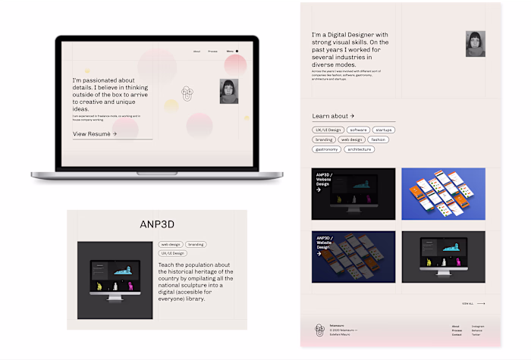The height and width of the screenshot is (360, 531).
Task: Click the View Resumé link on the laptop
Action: point(95,133)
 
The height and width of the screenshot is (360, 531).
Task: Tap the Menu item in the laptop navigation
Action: point(230,52)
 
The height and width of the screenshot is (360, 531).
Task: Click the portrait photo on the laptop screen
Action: point(228,91)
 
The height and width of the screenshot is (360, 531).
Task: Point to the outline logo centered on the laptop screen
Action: point(187,93)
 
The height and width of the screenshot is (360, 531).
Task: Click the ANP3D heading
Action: point(158,224)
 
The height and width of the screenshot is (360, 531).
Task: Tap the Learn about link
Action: point(333,116)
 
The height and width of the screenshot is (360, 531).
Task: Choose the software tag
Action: point(358,130)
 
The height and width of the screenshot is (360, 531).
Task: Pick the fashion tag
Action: point(379,139)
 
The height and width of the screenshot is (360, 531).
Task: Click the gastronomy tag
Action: point(326,149)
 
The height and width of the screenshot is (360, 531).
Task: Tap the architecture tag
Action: point(360,149)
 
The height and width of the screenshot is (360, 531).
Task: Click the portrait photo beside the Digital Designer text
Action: point(475,44)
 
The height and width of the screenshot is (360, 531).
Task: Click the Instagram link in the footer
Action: point(477,326)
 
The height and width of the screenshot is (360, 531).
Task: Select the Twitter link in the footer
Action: point(476,335)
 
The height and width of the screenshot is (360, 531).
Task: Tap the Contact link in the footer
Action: point(457,335)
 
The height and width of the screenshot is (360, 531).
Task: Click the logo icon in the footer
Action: point(319,329)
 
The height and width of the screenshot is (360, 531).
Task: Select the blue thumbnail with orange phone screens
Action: point(443,194)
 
